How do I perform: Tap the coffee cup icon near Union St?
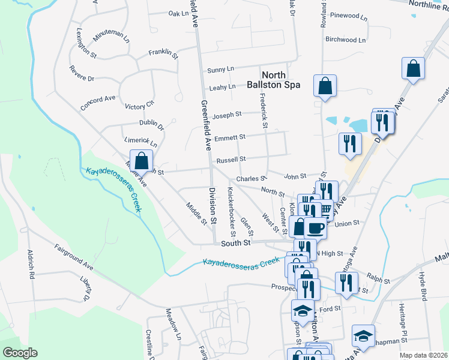(316, 228)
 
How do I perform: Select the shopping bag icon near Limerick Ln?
(141, 161)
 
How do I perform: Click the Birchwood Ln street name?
(345, 40)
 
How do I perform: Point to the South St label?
(235, 244)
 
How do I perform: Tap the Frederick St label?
(262, 111)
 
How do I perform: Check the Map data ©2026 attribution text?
(423, 355)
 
